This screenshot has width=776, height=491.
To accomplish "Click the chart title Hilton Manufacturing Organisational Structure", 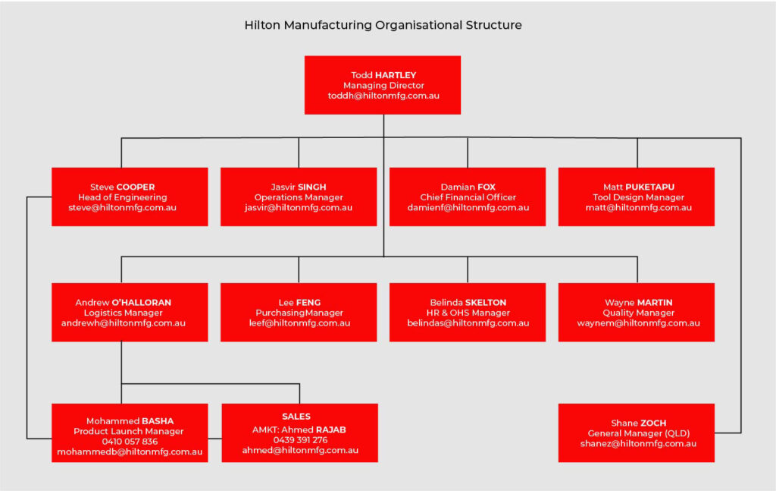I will click(383, 25).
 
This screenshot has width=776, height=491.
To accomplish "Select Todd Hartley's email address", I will click(383, 96).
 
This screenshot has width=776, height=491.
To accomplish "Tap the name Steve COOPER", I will click(122, 187).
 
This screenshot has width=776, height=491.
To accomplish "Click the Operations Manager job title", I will click(299, 197).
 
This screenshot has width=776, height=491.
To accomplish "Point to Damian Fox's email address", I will click(468, 208).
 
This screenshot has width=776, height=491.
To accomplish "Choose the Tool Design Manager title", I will click(637, 197).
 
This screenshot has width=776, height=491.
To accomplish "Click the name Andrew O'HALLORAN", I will click(123, 302).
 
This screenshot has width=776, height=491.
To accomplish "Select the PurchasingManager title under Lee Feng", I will click(299, 313).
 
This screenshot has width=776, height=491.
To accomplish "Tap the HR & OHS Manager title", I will click(468, 313).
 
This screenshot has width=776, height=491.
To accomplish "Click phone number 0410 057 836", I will click(130, 442).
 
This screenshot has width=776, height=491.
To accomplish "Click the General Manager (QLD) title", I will click(637, 433).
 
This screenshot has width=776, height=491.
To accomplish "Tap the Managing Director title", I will click(383, 86).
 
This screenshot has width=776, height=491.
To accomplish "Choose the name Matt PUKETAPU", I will click(637, 187).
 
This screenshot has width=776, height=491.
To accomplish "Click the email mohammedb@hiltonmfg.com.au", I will click(130, 452).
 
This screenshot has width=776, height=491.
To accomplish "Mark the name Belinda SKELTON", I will click(468, 302).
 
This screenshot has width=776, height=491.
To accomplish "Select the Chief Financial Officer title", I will click(468, 197).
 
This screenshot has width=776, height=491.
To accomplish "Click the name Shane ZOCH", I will click(637, 423).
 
